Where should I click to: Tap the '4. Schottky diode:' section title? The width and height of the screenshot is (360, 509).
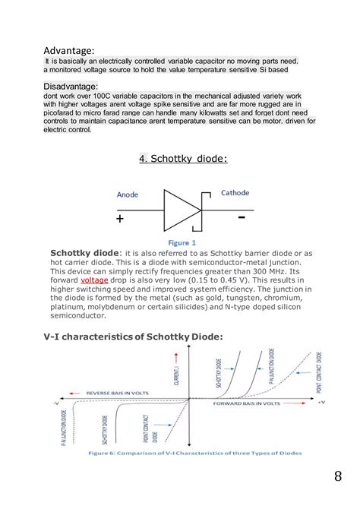pos(183,158)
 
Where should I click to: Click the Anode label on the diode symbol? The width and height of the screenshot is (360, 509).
pos(128,194)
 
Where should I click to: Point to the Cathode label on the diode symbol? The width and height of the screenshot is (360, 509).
pos(235,193)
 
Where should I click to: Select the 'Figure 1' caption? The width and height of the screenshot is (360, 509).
pos(180,242)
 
